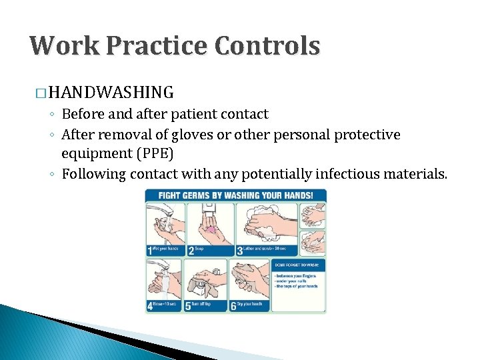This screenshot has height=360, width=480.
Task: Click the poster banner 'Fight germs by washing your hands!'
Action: click(236, 196)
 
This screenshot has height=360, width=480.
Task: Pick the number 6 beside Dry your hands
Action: click(233, 306)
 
